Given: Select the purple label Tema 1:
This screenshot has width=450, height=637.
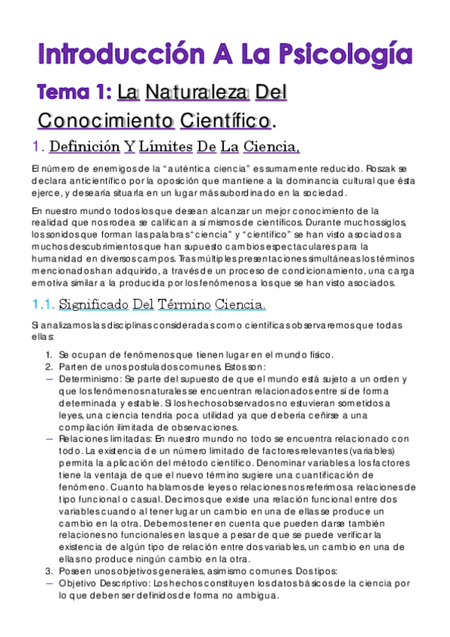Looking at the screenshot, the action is pyautogui.click(x=75, y=92).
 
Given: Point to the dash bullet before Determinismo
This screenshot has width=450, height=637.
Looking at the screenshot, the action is pyautogui.click(x=50, y=379).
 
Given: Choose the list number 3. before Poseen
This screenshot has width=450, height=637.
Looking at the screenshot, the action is pyautogui.click(x=49, y=570).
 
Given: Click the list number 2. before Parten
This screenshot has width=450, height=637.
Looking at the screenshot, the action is pyautogui.click(x=49, y=367).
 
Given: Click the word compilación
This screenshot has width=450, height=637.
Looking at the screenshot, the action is pyautogui.click(x=87, y=427).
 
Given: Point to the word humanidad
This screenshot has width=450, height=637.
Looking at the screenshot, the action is pyautogui.click(x=59, y=258).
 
